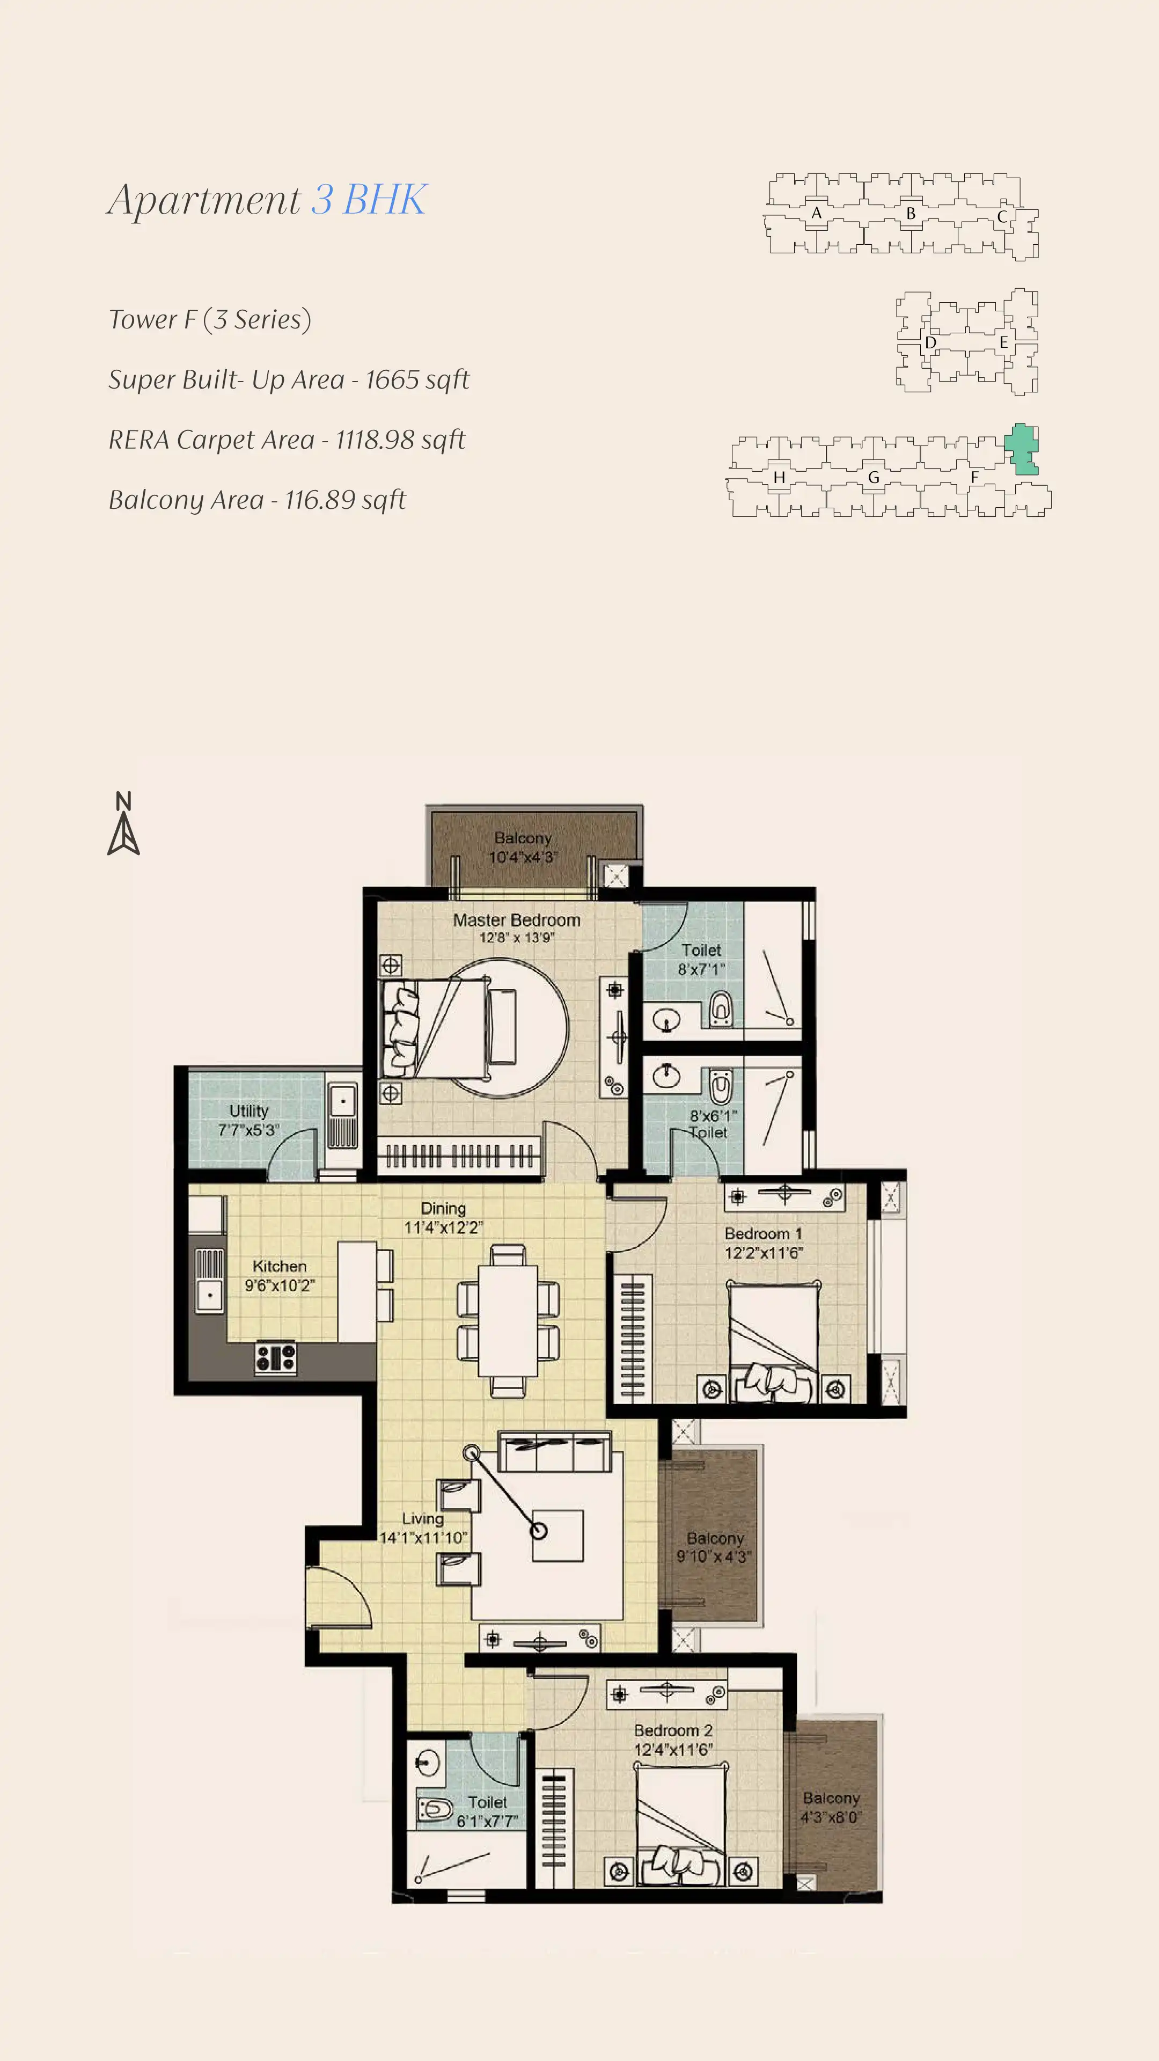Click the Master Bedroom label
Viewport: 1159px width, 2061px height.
pos(517,920)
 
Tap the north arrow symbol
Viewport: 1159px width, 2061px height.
pos(123,823)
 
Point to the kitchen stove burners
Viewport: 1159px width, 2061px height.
pos(276,1358)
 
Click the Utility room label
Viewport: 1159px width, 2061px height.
pos(249,1110)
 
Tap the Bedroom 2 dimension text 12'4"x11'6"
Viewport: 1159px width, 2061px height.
pos(673,1750)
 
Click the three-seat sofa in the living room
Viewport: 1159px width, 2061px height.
pos(554,1451)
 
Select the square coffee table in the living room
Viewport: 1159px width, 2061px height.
pos(558,1536)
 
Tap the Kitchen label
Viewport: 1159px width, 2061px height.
pos(279,1266)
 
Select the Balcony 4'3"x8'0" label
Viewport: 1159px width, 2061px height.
pos(831,1807)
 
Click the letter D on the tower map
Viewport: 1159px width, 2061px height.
pos(930,342)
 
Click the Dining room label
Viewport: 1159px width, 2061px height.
pos(443,1208)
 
